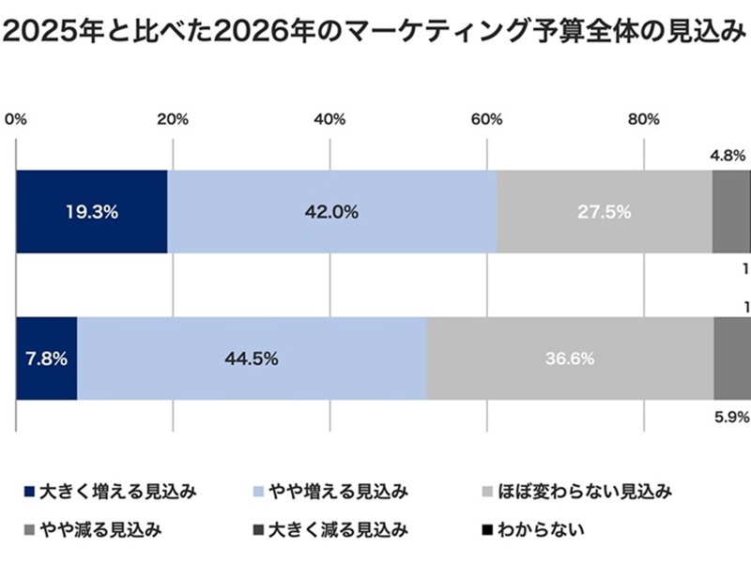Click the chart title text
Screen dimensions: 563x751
[375, 33]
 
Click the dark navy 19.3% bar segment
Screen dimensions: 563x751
[92, 212]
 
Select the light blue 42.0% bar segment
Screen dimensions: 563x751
[331, 212]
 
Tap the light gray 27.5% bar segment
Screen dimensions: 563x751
[604, 212]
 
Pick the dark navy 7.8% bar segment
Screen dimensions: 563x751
[47, 358]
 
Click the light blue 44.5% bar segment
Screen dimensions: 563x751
[252, 358]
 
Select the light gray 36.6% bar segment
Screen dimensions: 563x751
[570, 358]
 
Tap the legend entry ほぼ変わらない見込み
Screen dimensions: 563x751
[577, 491]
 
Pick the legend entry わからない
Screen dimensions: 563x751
[534, 531]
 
